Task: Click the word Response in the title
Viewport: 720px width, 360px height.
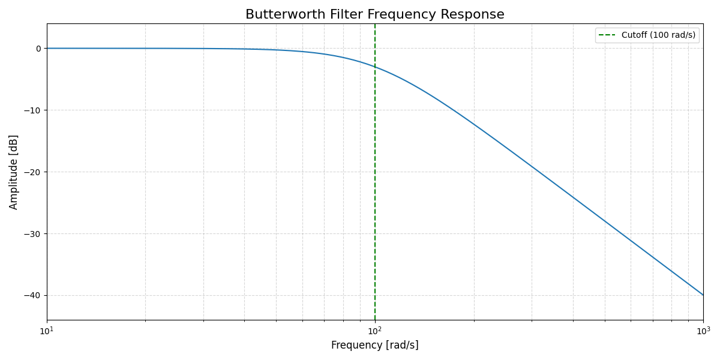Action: coord(475,14)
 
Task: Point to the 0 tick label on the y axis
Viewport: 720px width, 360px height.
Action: coord(38,49)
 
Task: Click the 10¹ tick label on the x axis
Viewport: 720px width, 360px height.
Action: coord(47,331)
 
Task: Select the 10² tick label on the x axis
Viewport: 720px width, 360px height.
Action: coord(375,331)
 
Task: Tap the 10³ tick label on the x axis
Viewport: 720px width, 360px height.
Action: coord(703,331)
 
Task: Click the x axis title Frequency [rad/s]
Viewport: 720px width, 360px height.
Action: coord(375,346)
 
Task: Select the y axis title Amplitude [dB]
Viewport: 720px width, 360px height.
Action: coord(14,172)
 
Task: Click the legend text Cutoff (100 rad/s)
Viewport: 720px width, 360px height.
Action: coord(658,35)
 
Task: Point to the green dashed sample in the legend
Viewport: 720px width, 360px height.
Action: coord(607,35)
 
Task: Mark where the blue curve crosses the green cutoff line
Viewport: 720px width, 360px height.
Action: coord(375,67)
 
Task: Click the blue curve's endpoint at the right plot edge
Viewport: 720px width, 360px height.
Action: coord(703,295)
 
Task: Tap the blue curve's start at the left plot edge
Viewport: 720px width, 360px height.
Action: coord(47,48)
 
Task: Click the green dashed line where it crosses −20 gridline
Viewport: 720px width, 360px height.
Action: coord(375,172)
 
